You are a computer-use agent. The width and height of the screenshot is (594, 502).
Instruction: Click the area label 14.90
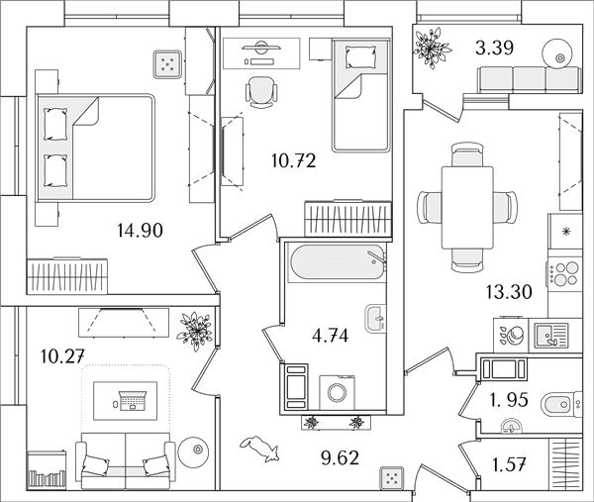point(141,230)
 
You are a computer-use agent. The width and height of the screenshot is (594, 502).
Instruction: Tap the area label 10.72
point(294,161)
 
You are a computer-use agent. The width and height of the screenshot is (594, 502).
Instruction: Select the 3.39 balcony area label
point(494,49)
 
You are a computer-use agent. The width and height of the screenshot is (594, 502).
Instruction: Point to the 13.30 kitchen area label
point(509,292)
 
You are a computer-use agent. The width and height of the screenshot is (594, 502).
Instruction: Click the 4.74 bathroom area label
point(330,336)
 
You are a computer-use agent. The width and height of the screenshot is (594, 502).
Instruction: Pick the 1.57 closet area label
point(509,464)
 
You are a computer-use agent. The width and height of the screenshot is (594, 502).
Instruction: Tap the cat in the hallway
point(259,449)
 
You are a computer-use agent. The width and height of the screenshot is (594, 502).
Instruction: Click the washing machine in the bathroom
point(337,392)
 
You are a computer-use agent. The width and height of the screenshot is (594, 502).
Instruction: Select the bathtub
point(337,262)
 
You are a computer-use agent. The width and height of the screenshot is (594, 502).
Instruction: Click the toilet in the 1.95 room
point(561,404)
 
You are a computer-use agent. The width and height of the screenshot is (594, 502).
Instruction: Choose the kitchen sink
point(551,336)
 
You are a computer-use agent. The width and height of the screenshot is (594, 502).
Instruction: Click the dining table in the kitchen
point(467,208)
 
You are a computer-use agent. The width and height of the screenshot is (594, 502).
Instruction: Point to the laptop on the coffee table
point(133,401)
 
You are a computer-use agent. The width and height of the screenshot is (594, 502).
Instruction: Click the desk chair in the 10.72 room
point(261,92)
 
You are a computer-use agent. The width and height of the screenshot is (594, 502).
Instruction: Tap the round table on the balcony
point(557,54)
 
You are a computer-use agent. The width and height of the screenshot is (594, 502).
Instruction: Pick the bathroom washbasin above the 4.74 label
point(375,319)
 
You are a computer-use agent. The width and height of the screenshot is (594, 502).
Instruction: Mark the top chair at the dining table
point(467,154)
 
